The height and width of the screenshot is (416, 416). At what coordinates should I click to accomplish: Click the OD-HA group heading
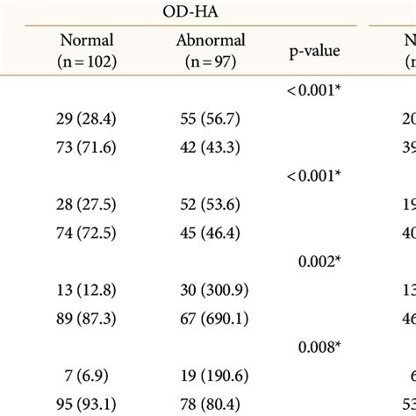tap(191, 11)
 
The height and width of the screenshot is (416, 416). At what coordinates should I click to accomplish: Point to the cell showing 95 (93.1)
tap(87, 404)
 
